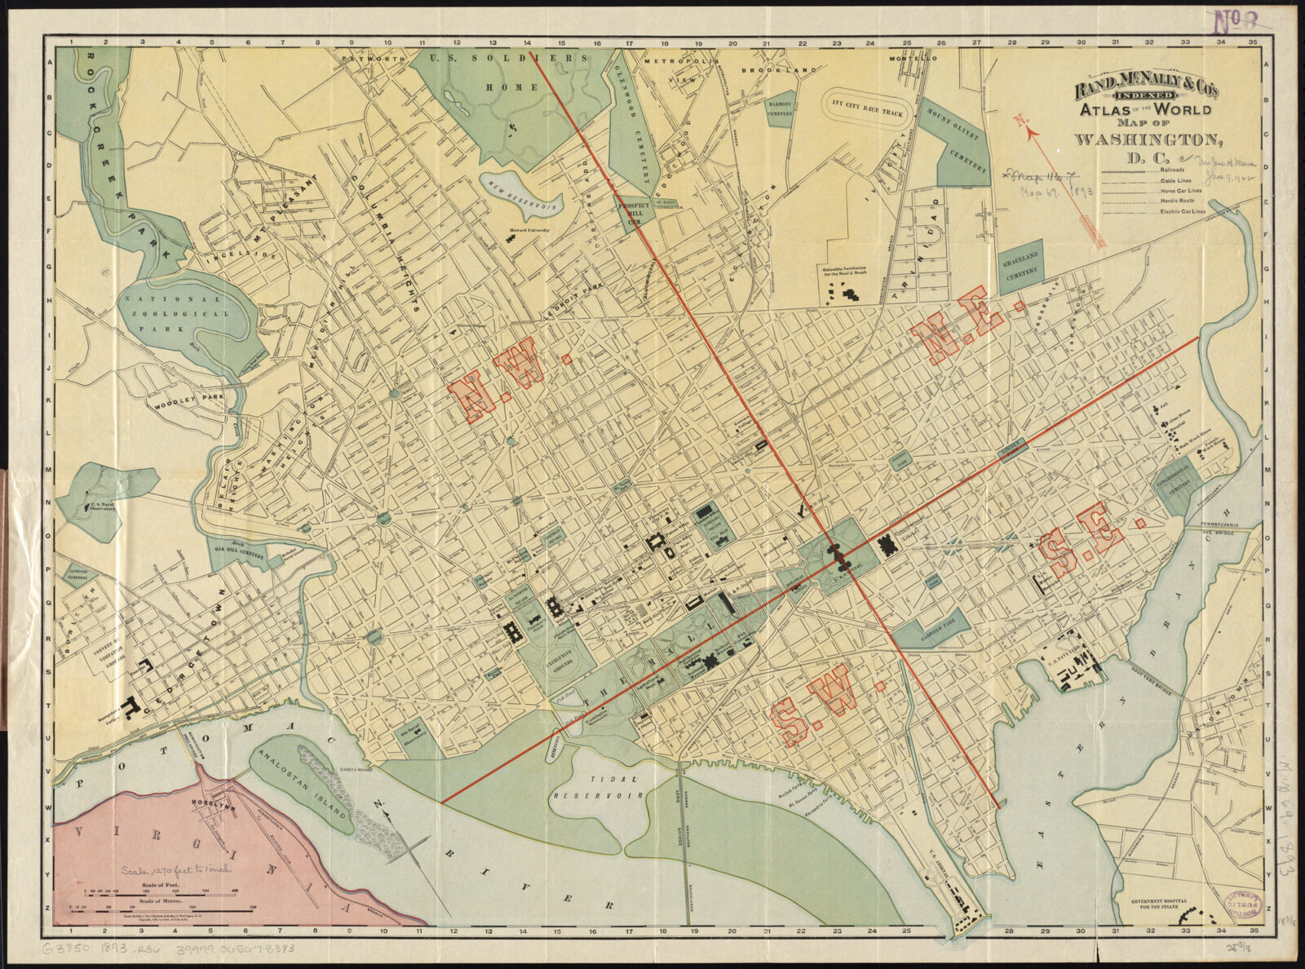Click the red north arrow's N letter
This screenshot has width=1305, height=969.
(1020, 121)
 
